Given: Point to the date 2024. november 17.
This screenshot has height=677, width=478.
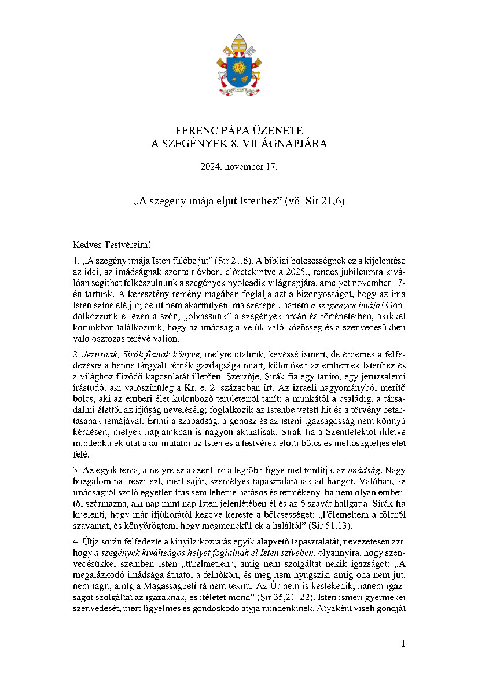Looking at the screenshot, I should point(239,167).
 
